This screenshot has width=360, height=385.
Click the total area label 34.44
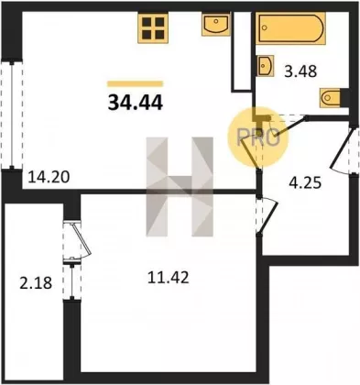pos(136,102)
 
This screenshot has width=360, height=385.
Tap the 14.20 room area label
pos(49,177)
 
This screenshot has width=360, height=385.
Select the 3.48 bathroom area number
pos(300,71)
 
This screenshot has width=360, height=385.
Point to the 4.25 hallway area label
pos(305,182)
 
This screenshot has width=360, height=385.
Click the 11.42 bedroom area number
pos(169,278)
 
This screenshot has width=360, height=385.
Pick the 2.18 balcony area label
pos(36,282)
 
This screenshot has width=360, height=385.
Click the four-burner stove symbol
pos(153,27)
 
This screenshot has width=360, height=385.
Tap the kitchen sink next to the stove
pos(216,24)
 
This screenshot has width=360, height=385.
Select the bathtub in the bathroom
pos(290,28)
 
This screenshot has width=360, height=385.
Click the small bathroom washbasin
pos(266,66)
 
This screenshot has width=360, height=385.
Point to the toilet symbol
pos(330,98)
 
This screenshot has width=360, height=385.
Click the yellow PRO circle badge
pos(258,137)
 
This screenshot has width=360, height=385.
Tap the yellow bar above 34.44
pos(136,83)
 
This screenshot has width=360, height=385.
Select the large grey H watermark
pos(180,187)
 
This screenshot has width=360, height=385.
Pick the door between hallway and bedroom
pos(267,215)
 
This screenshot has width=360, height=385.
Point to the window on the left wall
pos(12,115)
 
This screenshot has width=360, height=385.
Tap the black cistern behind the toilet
pos(345,98)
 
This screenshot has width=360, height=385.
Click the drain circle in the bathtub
pos(265,28)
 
